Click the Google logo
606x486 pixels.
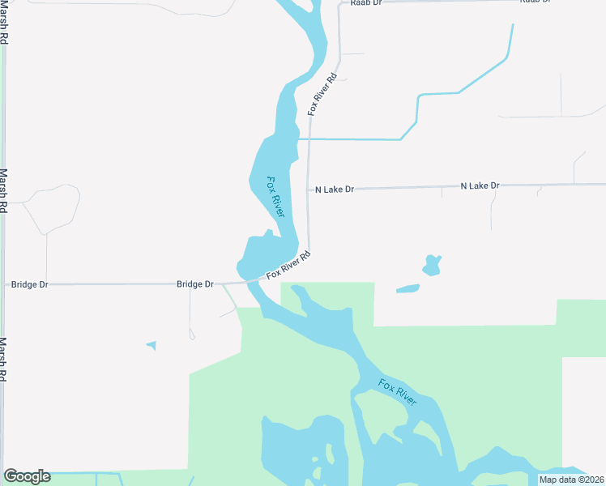(x=27, y=476)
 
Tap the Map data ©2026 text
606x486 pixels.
(x=571, y=480)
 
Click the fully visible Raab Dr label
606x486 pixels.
(x=365, y=3)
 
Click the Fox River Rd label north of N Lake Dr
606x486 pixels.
(x=322, y=96)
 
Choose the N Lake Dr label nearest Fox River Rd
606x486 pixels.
(x=335, y=190)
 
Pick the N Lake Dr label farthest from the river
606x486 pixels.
(x=480, y=186)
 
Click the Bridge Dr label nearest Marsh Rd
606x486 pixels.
(x=28, y=285)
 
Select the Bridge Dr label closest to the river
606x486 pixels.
(x=195, y=284)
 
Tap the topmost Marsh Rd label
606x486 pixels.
(x=5, y=23)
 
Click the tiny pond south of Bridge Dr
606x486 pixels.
(x=151, y=346)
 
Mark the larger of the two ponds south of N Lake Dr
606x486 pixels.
(x=432, y=265)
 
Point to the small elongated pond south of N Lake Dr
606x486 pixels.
(x=408, y=288)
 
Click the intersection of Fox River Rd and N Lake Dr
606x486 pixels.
(x=309, y=190)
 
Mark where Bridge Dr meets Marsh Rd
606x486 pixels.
(x=4, y=285)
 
